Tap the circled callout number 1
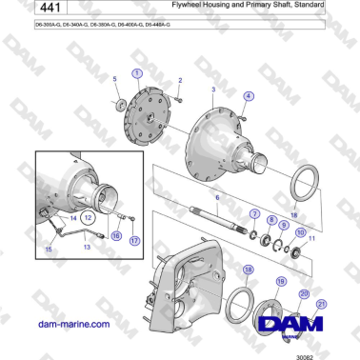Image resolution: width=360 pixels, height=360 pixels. coord(137,73)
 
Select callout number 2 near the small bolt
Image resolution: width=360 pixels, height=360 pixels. coord(179,81)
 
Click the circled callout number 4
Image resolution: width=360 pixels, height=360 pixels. coord(216,198)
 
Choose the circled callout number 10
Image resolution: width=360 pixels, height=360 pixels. coord(300,231)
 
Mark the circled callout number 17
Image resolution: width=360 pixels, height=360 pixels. coord(134,241)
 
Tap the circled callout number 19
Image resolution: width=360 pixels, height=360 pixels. coord(280,282)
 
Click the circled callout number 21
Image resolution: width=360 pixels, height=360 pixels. coord(321,304)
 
